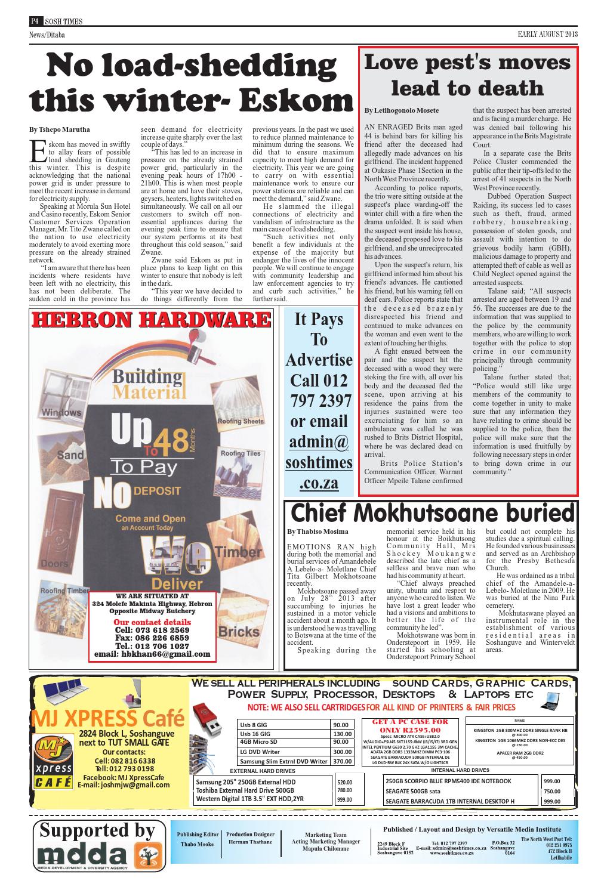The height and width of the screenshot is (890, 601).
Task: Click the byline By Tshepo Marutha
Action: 60,129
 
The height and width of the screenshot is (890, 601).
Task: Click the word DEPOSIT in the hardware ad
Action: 157,492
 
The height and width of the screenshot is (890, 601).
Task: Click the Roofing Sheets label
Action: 241,421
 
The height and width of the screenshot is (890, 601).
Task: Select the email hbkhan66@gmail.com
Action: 153,654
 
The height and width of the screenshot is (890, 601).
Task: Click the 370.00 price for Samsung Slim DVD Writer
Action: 343,761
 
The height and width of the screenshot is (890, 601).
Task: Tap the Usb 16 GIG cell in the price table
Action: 255,734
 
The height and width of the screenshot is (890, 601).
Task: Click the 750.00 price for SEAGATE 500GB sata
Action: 551,791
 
